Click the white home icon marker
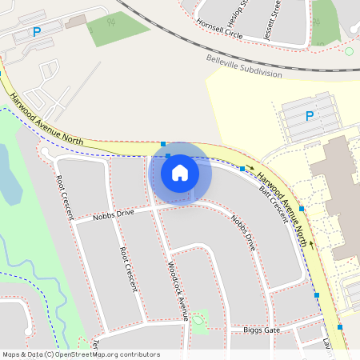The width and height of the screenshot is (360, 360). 180,172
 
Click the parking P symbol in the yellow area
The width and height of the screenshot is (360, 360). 310,116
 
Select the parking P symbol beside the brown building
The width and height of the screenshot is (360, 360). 35,32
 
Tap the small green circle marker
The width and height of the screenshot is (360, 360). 349,51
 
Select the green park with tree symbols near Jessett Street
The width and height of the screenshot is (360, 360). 326,20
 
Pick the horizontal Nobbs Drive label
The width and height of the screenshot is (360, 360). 113,214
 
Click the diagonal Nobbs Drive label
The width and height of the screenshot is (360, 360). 242,233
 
